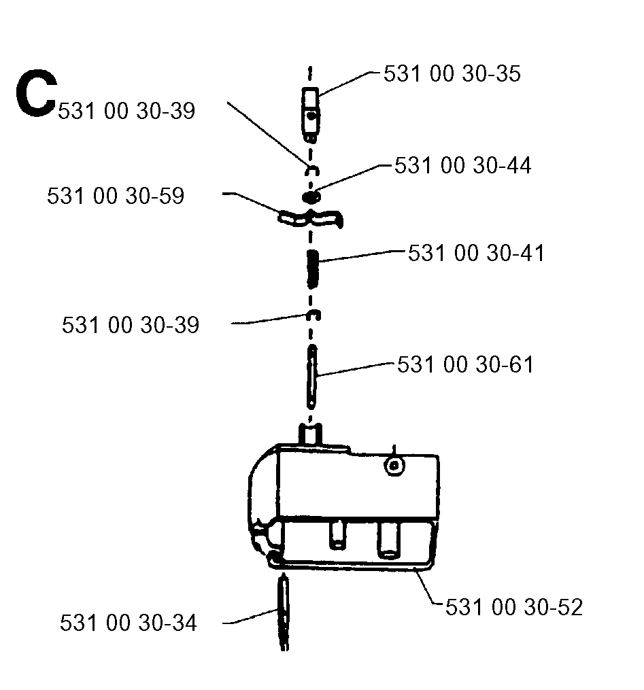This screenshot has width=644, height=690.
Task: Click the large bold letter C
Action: coord(36,94)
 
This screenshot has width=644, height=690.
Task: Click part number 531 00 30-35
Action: coord(452,73)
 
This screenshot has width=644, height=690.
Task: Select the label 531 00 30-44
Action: coord(462,165)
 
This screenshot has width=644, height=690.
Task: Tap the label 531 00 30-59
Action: coord(116,196)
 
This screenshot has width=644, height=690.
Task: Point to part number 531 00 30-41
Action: coord(476,253)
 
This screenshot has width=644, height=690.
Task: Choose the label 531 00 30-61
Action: coord(465,365)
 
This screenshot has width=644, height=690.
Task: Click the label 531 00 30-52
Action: coord(514,607)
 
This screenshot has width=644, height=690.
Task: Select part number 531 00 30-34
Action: coord(128,623)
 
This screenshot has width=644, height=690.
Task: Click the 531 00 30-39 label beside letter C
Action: coord(126,111)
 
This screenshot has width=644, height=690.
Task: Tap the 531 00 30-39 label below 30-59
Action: coord(131,325)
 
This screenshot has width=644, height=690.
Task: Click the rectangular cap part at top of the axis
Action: coord(310,115)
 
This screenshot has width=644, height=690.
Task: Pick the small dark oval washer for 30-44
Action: coord(311,197)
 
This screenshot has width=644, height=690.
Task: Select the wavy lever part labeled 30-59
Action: coord(310,218)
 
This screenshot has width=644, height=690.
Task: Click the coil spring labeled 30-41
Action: coord(312,269)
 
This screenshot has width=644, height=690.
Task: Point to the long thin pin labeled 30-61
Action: coord(311,377)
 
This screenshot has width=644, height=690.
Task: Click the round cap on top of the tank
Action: coord(394,466)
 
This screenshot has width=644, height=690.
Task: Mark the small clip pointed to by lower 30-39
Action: coord(313,314)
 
